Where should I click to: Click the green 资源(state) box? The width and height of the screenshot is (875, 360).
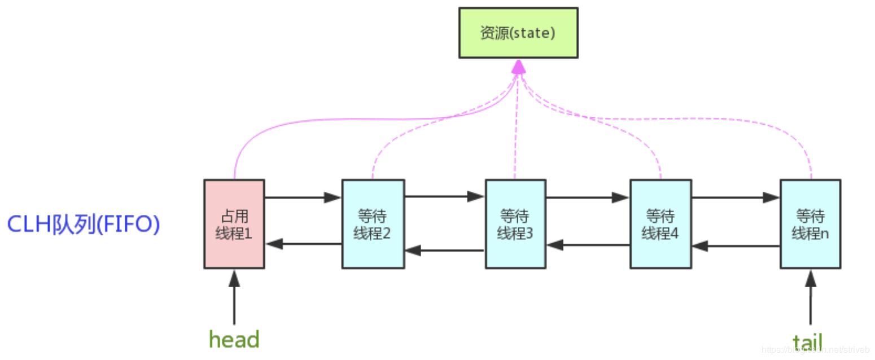tap(518, 33)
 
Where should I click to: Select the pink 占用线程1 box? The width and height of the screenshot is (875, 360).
tap(234, 224)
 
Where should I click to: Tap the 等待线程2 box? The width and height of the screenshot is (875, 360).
tap(373, 224)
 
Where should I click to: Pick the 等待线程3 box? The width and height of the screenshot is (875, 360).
tap(515, 224)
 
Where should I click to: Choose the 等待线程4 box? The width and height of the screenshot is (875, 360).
tap(660, 224)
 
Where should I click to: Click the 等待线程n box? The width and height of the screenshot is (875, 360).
tap(810, 224)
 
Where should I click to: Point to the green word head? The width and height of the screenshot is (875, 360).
tap(234, 340)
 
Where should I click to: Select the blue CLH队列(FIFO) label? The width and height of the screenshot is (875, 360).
tap(84, 225)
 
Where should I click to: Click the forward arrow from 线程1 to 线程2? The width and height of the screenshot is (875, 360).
tap(303, 197)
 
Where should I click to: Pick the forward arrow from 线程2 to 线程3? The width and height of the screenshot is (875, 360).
tap(444, 197)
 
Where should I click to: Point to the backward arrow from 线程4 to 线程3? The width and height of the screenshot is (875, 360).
tap(588, 245)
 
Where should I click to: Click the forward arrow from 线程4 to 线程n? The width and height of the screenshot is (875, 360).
tap(735, 197)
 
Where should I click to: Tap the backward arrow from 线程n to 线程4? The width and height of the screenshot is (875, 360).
tap(735, 246)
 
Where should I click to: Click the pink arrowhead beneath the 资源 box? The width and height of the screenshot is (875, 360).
tap(518, 67)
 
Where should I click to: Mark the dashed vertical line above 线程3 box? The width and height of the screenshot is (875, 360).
tap(515, 141)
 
